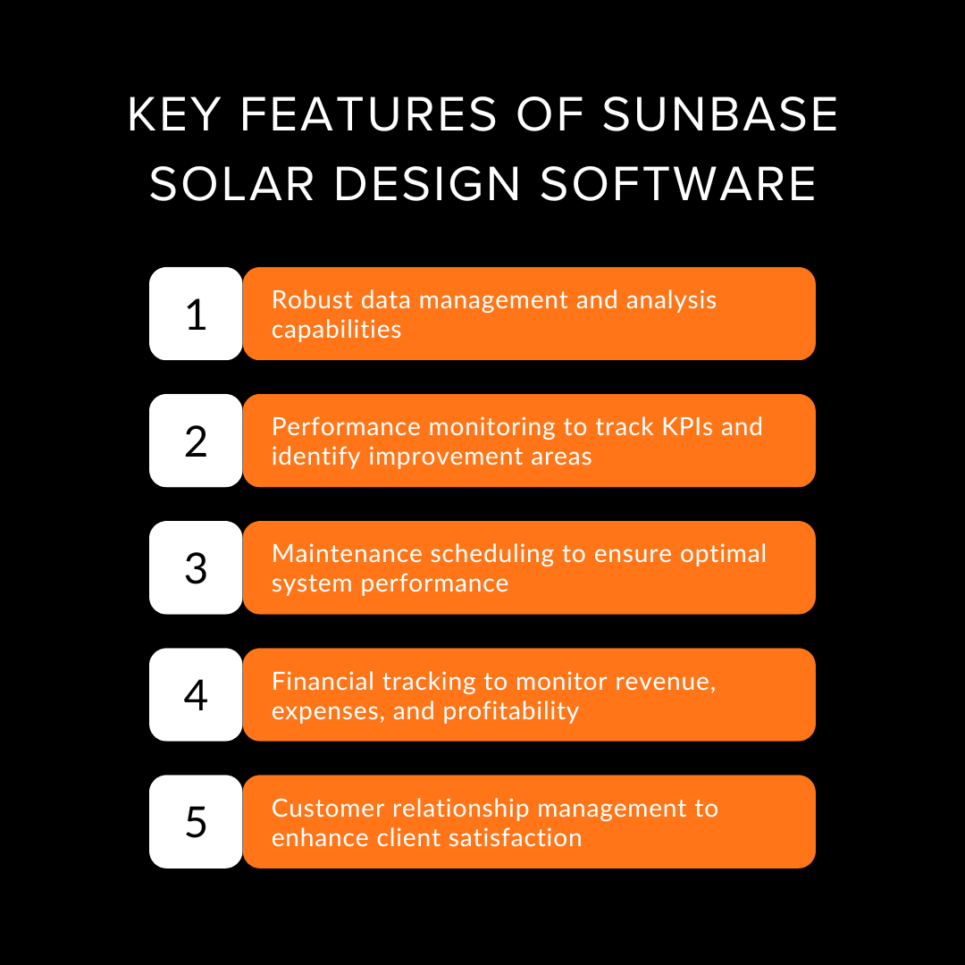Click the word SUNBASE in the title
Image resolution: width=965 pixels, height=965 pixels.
(720, 115)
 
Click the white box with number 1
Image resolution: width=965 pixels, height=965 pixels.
(196, 314)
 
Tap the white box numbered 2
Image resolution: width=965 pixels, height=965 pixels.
(196, 441)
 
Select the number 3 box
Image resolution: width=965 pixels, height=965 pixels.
(196, 567)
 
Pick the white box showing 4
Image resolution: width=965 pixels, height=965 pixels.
(196, 694)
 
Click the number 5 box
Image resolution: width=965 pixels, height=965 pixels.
(196, 821)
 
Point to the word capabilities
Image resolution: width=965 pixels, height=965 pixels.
(336, 330)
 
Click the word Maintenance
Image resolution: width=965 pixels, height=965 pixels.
(348, 553)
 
